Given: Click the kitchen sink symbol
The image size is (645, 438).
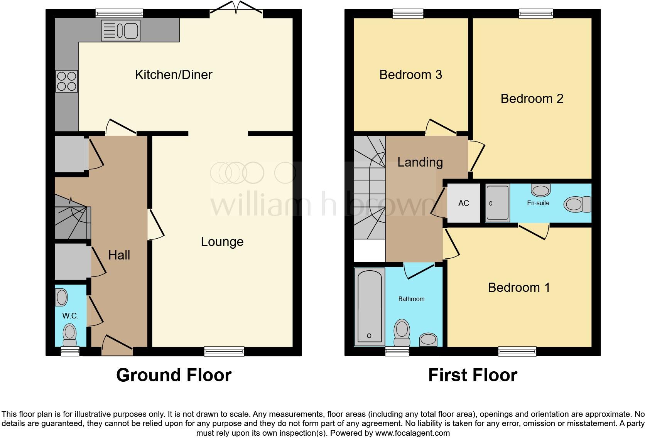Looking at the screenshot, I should click(x=120, y=30).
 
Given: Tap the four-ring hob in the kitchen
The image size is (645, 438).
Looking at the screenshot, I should click(x=67, y=81).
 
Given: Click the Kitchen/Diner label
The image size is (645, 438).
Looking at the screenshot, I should click(x=174, y=74).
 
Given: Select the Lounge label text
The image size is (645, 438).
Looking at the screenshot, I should click(x=222, y=242).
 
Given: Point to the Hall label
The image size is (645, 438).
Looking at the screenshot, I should click(x=119, y=255).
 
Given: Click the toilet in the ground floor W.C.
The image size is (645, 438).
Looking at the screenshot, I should click(x=70, y=334).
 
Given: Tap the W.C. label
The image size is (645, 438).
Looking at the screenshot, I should click(x=70, y=316).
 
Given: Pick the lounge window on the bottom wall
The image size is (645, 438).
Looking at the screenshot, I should click(x=224, y=351).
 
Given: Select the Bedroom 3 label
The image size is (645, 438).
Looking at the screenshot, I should click(x=410, y=74).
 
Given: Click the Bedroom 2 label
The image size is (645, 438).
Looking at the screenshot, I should click(x=532, y=99).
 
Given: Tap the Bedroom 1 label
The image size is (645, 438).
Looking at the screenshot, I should click(x=518, y=287).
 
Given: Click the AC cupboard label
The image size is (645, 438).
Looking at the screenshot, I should click(x=464, y=203).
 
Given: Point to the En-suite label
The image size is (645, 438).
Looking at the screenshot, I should click(x=538, y=203).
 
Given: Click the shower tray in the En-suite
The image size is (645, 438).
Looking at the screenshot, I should click(x=498, y=203).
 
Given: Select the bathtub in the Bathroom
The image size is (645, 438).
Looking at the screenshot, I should click(x=369, y=306).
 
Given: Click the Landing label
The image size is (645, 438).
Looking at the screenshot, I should click(x=420, y=162).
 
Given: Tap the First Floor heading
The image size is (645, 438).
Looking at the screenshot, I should click(x=473, y=375).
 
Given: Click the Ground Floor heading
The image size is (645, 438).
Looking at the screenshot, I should click(x=174, y=375).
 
